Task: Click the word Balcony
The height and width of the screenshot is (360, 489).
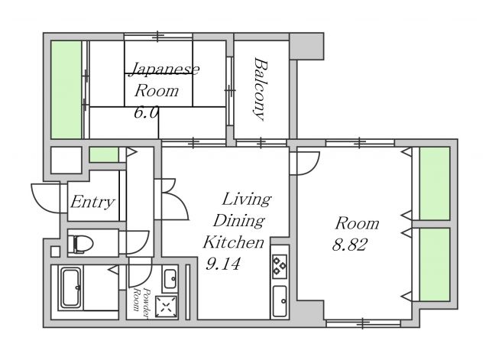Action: click(x=260, y=89)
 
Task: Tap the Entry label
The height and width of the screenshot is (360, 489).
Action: click(x=92, y=202)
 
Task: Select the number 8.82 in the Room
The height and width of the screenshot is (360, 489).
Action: click(x=349, y=245)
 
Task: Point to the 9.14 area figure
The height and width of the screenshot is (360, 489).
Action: click(x=223, y=264)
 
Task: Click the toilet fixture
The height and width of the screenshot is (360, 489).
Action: click(x=80, y=244)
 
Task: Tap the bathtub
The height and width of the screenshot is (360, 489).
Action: click(x=71, y=288)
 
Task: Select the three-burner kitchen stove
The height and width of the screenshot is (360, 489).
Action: click(x=280, y=266)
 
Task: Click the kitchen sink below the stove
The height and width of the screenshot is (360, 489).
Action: click(x=280, y=300)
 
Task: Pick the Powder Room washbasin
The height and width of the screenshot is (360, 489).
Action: click(x=170, y=278)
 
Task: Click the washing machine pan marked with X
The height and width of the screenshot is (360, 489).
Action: click(x=167, y=306)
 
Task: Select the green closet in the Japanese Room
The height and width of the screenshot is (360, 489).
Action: click(x=66, y=89)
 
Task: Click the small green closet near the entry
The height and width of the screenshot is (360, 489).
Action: click(x=104, y=154)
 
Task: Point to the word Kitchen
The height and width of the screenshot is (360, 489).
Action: click(x=234, y=242)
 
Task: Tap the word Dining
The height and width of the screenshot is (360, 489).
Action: click(x=239, y=221)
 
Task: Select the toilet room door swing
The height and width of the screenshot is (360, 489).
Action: click(x=141, y=245)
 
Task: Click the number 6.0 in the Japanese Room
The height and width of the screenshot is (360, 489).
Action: click(x=146, y=112)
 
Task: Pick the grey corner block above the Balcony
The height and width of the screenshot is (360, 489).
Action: click(x=306, y=46)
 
